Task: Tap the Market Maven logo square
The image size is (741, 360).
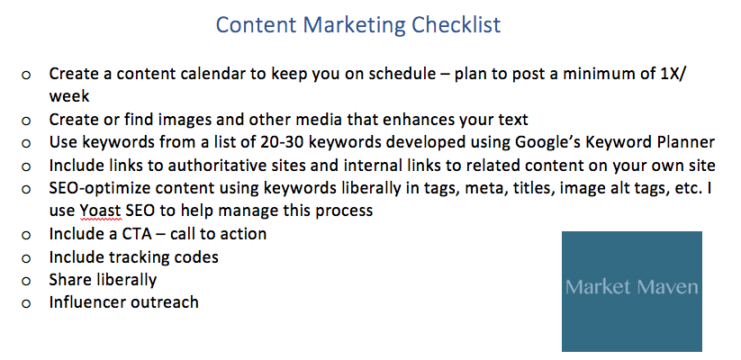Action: coord(632,292)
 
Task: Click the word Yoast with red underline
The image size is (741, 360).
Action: coord(100,211)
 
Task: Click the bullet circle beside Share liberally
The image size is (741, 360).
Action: coord(26,281)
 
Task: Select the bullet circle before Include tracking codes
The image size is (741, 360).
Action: coord(26,258)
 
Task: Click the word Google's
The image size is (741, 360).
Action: coord(548,143)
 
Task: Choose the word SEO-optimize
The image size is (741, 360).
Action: coord(100,188)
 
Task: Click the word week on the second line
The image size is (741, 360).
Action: coord(69,96)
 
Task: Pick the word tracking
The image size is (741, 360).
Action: coord(140,257)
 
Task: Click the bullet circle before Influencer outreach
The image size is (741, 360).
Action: coord(26,303)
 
